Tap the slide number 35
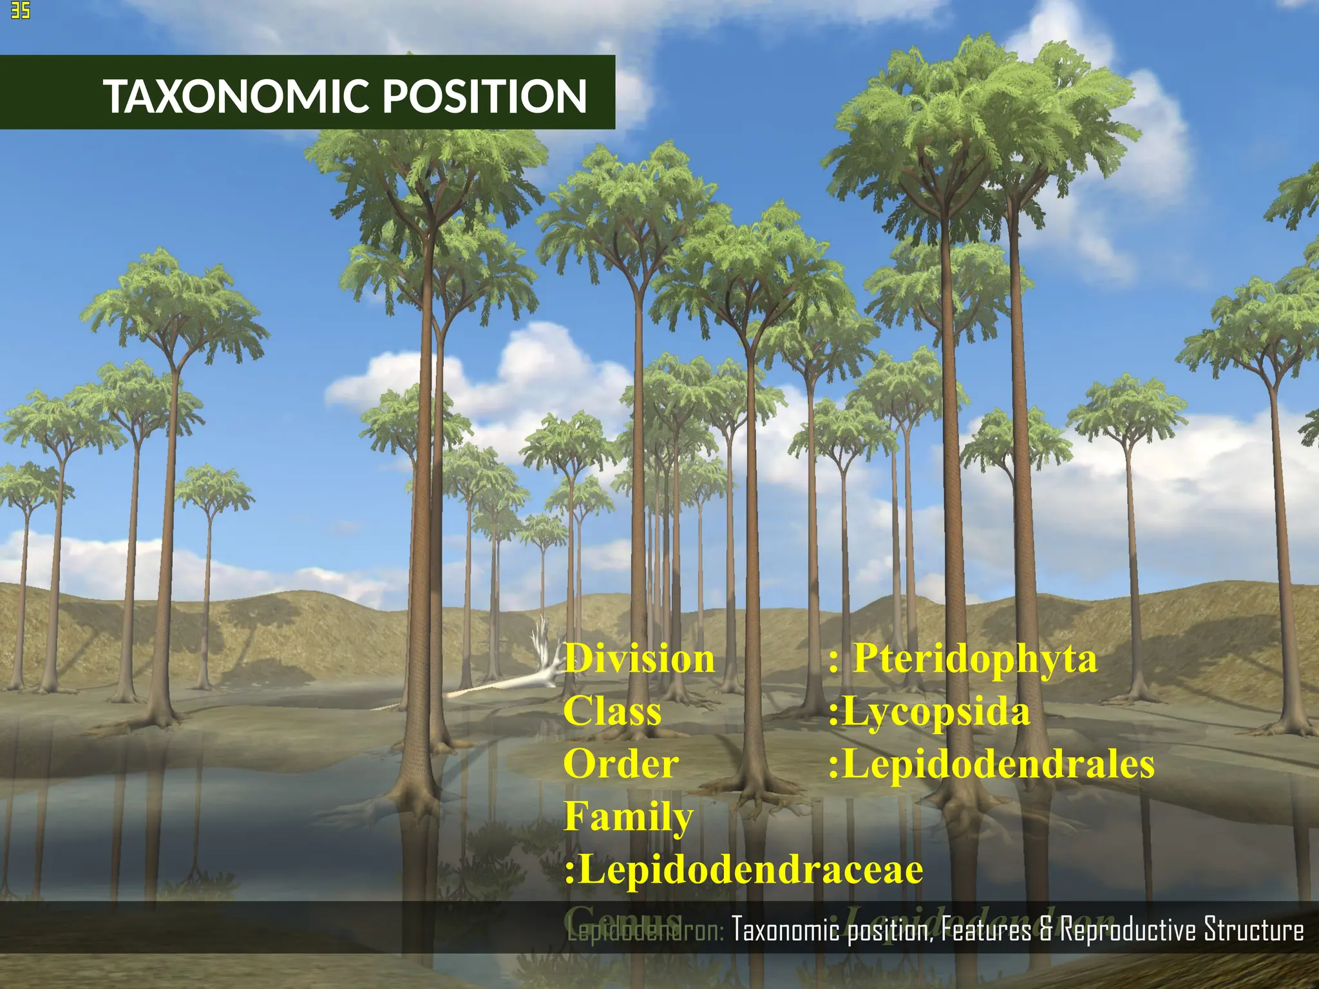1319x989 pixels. point(20,10)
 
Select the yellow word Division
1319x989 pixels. point(640,659)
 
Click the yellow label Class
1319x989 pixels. point(612,712)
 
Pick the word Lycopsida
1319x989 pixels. point(935,713)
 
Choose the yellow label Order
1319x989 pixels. point(621,764)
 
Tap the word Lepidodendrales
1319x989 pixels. point(998,764)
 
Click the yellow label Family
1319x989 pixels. point(629,817)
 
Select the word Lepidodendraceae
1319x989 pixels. point(750,870)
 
